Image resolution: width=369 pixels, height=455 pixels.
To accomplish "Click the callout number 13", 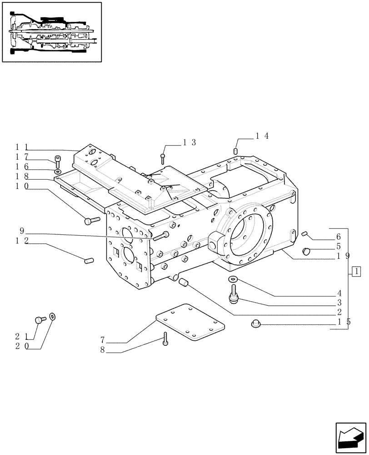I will [x=189, y=142].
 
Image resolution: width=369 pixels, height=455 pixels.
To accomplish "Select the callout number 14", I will [x=262, y=135].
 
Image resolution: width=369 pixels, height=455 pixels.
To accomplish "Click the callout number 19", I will [x=343, y=256].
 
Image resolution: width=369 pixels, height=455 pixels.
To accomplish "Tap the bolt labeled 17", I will [x=57, y=160].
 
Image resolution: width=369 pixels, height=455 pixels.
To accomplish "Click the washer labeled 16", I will [x=58, y=172].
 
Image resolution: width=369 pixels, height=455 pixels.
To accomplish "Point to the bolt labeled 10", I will [x=91, y=221].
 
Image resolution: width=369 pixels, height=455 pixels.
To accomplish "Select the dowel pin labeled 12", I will [x=89, y=260].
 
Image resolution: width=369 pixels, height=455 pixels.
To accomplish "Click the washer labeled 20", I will [x=52, y=316].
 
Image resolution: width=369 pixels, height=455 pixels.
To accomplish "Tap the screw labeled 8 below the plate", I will [x=165, y=338].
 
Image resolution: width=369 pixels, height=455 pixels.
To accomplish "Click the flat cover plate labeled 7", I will [x=191, y=323].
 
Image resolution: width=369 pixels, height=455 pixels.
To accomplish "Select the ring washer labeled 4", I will [x=233, y=279].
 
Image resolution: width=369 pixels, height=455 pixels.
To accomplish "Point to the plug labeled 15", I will [x=255, y=324].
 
